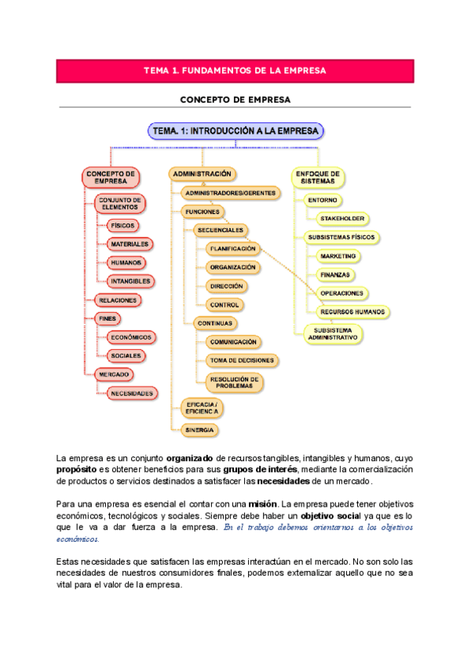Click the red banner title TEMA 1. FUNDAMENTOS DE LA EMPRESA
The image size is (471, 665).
[x=235, y=71]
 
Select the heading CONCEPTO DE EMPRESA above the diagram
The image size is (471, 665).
[x=235, y=100]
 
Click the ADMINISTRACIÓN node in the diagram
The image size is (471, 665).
[x=202, y=173]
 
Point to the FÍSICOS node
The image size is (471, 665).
[x=122, y=225]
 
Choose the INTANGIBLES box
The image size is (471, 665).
[x=130, y=280]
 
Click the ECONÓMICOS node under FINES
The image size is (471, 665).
[x=131, y=336]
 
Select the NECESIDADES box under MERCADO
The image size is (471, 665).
[x=131, y=392]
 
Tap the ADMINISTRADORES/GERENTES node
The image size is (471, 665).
[x=229, y=192]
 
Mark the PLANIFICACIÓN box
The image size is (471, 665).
[x=232, y=249]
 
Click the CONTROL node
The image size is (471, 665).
[x=225, y=304]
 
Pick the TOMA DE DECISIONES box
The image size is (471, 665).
[x=242, y=360]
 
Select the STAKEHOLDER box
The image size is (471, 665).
[x=344, y=218]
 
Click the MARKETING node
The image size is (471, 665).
[x=338, y=256]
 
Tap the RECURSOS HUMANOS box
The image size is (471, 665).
[x=353, y=311]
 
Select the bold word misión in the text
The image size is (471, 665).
[x=264, y=503]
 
